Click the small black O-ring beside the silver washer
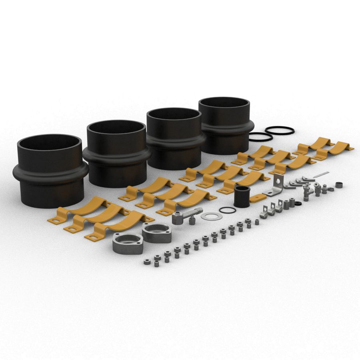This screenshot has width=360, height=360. point(227,210)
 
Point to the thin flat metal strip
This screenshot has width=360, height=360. point(322,174)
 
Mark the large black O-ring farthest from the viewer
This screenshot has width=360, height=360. point(279,130)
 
